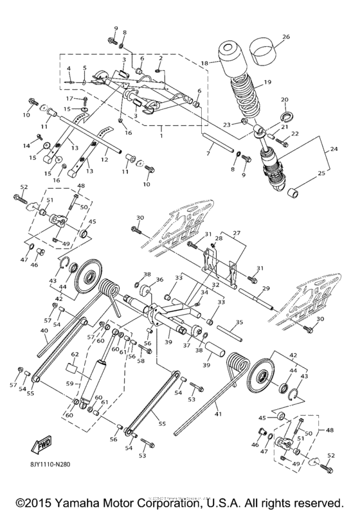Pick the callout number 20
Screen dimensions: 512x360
[285, 100]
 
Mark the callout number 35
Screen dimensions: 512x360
[238, 323]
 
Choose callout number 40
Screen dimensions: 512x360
[26, 331]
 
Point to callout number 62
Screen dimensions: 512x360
[75, 354]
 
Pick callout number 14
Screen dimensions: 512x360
[28, 145]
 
